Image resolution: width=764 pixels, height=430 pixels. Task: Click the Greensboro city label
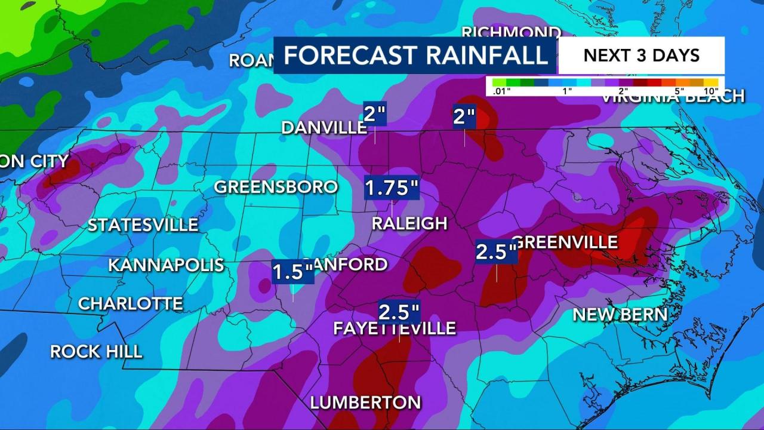coord(276,187)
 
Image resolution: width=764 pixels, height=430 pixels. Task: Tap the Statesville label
coord(143,225)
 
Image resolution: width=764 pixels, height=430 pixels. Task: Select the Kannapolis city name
coord(166,265)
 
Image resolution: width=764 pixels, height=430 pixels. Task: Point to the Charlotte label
coord(130,303)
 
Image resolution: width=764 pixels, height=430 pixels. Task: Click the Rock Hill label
coord(96,351)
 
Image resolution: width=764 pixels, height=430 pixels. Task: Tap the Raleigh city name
coord(409,223)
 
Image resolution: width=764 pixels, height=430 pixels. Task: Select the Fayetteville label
coord(395,328)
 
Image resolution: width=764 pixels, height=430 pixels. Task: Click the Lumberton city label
coord(365,402)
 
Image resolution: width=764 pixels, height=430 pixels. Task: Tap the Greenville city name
coord(565,242)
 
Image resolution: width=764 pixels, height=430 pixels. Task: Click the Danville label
coord(324,127)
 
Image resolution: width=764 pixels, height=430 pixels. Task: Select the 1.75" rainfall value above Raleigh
coord(392,188)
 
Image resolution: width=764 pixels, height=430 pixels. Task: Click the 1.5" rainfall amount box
coord(292,272)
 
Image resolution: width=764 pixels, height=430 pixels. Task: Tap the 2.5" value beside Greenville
coord(496,251)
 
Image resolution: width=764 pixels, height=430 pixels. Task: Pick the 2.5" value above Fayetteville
coord(399,312)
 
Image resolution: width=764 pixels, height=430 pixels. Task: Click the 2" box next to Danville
coord(375,113)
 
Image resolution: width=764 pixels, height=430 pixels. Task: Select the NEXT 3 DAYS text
coord(641,55)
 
